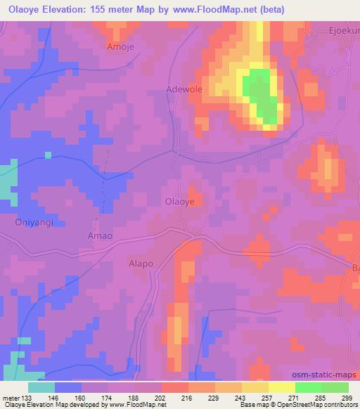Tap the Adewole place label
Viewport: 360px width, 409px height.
tap(184, 89)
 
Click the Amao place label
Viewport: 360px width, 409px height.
tap(99, 235)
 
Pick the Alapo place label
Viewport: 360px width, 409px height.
tap(141, 264)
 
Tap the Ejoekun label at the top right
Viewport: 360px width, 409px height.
tap(344, 31)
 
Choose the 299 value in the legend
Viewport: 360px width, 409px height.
tap(349, 398)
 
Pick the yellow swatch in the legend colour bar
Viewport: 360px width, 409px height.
tap(282, 387)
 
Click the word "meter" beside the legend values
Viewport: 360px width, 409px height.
tap(11, 398)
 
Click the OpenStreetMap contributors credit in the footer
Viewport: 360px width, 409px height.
tap(323, 405)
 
